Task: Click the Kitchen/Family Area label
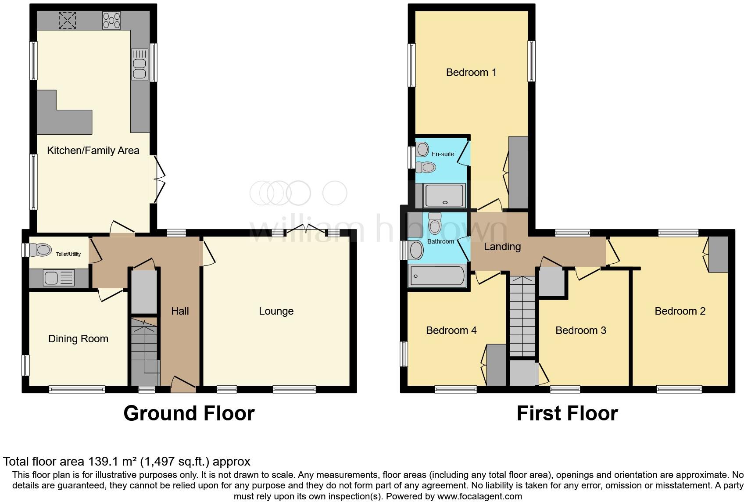(93, 151)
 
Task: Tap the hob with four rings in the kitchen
(111, 20)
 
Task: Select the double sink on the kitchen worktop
(139, 64)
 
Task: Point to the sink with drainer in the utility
(59, 278)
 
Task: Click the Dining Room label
(78, 339)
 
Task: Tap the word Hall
(180, 311)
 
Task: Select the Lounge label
(276, 311)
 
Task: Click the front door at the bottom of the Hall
(182, 385)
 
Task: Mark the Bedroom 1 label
(471, 72)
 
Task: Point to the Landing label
(502, 247)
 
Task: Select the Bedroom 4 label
(451, 330)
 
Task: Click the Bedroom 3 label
(580, 330)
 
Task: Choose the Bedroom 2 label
(680, 311)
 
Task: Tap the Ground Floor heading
(189, 413)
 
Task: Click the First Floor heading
(567, 413)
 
